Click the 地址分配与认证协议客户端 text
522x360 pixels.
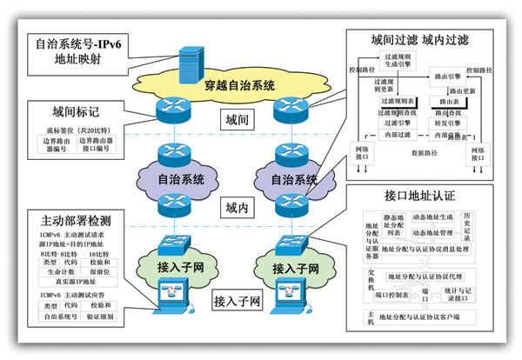click(426, 315)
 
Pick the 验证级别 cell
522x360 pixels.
click(103, 318)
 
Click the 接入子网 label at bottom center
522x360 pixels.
click(238, 302)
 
